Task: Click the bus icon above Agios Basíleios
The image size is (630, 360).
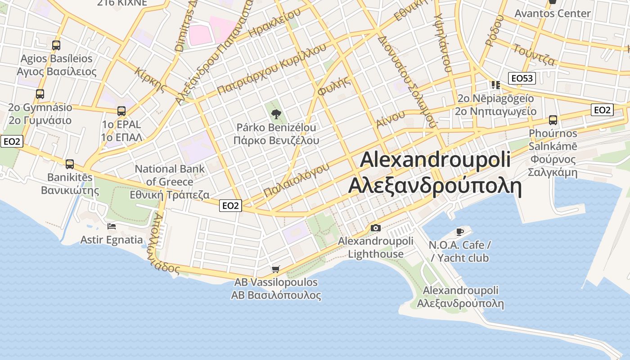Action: pyautogui.click(x=56, y=45)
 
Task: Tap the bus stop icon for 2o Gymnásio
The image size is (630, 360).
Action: pyautogui.click(x=40, y=94)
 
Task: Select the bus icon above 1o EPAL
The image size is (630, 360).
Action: pyautogui.click(x=121, y=111)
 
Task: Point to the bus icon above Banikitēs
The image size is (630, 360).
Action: pyautogui.click(x=70, y=164)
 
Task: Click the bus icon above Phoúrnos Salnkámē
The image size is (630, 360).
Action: pyautogui.click(x=553, y=120)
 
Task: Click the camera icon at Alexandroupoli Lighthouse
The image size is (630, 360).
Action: pyautogui.click(x=375, y=228)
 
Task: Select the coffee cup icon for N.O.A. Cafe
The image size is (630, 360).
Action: pyautogui.click(x=459, y=232)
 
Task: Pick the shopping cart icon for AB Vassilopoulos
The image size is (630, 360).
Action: pyautogui.click(x=276, y=269)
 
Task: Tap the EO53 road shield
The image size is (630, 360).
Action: pyautogui.click(x=522, y=78)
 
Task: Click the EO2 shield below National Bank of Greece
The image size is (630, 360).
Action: pyautogui.click(x=230, y=206)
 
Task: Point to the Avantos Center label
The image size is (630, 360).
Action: pyautogui.click(x=553, y=13)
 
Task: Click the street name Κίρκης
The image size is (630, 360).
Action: pyautogui.click(x=150, y=79)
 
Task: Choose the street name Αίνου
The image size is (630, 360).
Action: pyautogui.click(x=390, y=118)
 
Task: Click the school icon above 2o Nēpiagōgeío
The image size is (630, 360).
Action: pyautogui.click(x=495, y=85)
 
